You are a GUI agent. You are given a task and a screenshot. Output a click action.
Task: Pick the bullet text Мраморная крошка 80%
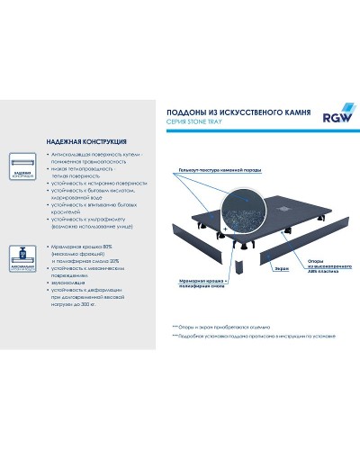(78, 245)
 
